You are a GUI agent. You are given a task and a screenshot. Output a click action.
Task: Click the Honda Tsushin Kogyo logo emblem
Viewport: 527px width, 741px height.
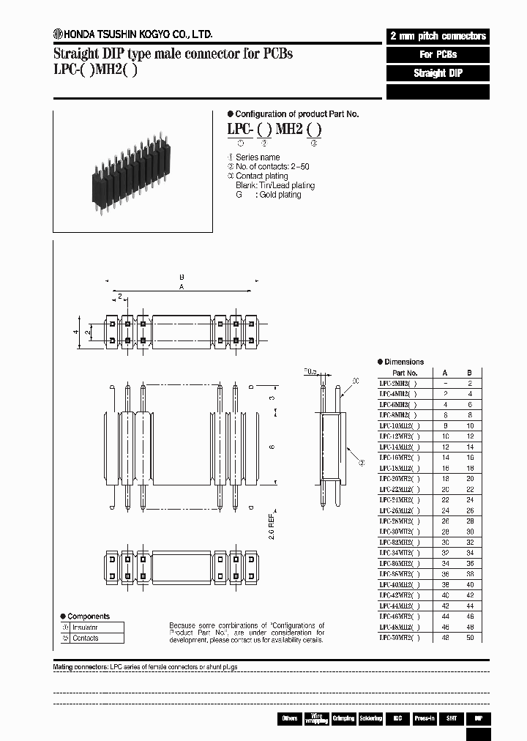[x=58, y=33]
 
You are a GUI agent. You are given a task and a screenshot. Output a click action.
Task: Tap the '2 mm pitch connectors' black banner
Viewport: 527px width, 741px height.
[x=437, y=36]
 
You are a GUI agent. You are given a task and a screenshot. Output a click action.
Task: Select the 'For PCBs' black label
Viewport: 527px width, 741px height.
[x=437, y=55]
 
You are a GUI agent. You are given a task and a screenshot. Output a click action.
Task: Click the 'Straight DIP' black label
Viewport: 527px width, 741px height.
[x=437, y=73]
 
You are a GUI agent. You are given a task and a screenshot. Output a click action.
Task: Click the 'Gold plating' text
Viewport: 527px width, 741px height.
[x=278, y=195]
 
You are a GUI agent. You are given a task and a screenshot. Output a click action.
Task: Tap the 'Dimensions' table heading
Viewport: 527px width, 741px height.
[x=403, y=362]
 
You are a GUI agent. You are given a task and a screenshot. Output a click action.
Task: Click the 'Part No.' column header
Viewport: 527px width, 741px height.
[x=403, y=372]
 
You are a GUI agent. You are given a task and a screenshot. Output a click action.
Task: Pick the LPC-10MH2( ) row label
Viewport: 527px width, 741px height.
[x=399, y=425]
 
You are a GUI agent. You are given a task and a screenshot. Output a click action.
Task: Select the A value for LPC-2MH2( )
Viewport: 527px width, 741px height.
[x=445, y=383]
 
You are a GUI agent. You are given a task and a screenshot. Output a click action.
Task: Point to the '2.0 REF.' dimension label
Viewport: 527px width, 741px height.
[x=272, y=525]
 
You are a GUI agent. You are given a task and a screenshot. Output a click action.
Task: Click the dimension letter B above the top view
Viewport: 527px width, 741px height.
[x=181, y=278]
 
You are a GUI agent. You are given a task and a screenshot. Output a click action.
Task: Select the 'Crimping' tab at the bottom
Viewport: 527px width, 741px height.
[x=343, y=718]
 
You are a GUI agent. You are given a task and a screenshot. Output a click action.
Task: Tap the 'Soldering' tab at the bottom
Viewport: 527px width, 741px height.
[x=370, y=718]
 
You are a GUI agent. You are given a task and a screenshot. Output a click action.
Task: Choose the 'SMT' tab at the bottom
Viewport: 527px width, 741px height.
[x=452, y=718]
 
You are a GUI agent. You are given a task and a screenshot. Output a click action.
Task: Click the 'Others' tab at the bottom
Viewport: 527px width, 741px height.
[x=290, y=718]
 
